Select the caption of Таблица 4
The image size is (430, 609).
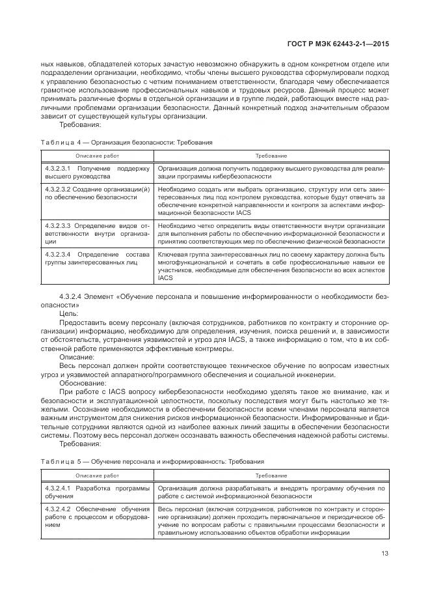(x=126, y=142)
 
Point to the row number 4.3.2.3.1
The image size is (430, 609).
(x=58, y=168)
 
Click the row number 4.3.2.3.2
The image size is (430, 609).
(x=58, y=188)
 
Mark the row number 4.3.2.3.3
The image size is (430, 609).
(x=58, y=225)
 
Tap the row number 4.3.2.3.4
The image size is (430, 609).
(x=58, y=253)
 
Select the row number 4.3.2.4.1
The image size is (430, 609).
(x=58, y=488)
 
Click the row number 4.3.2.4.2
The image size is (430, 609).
(x=58, y=508)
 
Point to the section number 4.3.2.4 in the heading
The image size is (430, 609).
(x=70, y=296)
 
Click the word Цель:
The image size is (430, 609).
(x=69, y=313)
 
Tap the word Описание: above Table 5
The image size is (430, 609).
(x=76, y=358)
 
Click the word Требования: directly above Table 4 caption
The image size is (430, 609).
(x=79, y=124)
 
